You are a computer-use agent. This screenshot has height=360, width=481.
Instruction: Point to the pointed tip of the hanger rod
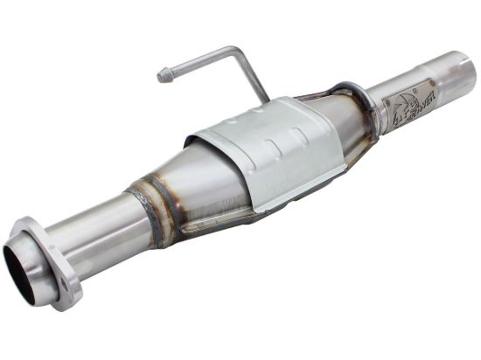[161, 77]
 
